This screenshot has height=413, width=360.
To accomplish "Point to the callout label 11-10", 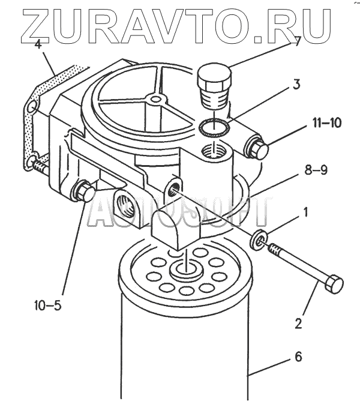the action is coord(326,124).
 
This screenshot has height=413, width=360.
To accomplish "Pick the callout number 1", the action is coord(306,212).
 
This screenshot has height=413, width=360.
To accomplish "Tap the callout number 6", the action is coord(298,358).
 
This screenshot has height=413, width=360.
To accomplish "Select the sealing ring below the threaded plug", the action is coord(214,126).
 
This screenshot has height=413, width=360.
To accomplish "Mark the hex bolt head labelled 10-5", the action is coord(83,193).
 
